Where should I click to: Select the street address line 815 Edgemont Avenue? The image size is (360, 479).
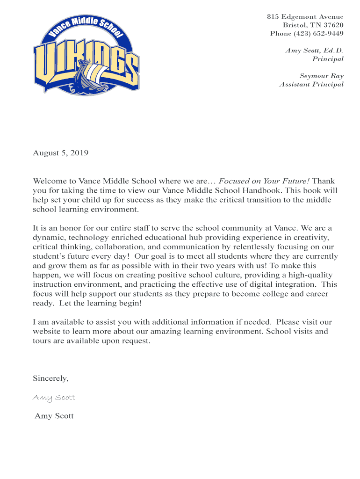pos(305,17)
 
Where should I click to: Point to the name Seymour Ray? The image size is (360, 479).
pos(321,76)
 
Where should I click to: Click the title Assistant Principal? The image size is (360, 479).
pos(311,84)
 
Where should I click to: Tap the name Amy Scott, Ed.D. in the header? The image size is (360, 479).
pos(314,51)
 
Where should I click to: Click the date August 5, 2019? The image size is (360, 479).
pos(60,153)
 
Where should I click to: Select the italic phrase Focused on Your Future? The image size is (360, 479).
pos(265,181)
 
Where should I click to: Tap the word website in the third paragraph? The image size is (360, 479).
pos(47,331)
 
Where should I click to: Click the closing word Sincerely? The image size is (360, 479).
pos(50,378)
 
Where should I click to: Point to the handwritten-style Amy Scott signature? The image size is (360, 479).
pos(54,397)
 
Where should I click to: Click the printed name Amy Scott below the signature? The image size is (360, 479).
pos(54,416)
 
